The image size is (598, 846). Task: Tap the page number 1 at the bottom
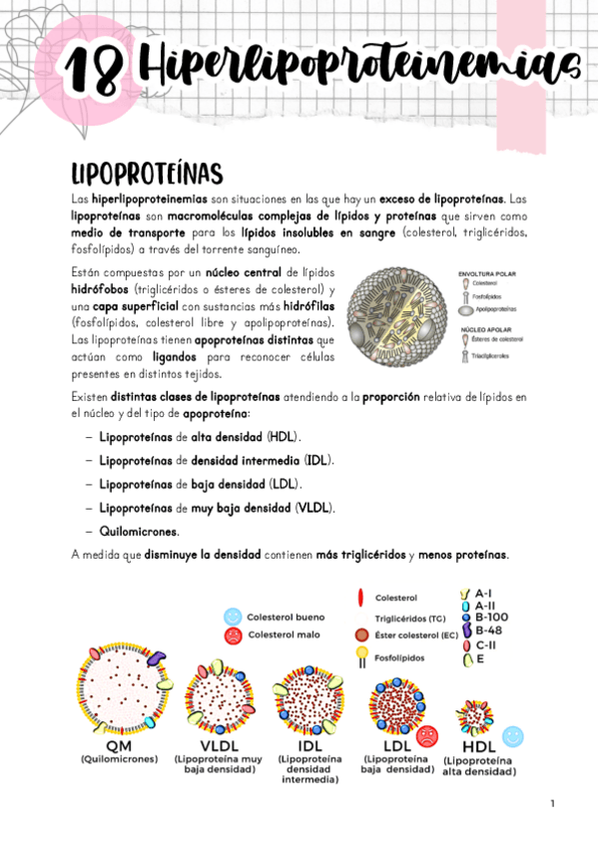[x=551, y=803]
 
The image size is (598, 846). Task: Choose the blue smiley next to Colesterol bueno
[x=233, y=617]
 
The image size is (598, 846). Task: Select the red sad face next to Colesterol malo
[x=233, y=635]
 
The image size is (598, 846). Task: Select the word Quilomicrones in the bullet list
[x=138, y=531]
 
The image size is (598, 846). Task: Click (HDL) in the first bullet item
[x=284, y=437]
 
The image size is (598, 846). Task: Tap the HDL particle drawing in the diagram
[x=475, y=716]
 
